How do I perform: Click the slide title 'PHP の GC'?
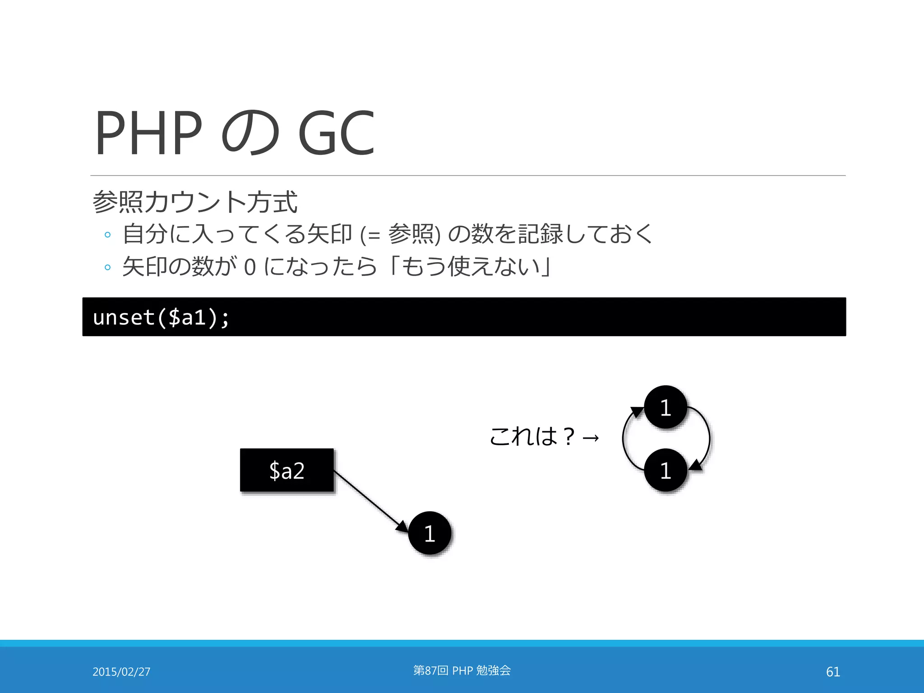pyautogui.click(x=235, y=133)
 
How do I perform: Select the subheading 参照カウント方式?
pyautogui.click(x=195, y=202)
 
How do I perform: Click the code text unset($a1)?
pyautogui.click(x=161, y=317)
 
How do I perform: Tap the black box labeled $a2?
pyautogui.click(x=287, y=470)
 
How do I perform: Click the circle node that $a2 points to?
pyautogui.click(x=430, y=533)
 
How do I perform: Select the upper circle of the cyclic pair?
pyautogui.click(x=665, y=407)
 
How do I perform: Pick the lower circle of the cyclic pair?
pyautogui.click(x=665, y=470)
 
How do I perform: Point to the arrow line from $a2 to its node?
pyautogui.click(x=370, y=501)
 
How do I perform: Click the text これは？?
pyautogui.click(x=532, y=437)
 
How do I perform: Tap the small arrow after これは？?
pyautogui.click(x=591, y=437)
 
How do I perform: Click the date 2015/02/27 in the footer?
pyautogui.click(x=121, y=672)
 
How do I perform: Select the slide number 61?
pyautogui.click(x=833, y=672)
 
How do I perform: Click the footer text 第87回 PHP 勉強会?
pyautogui.click(x=462, y=670)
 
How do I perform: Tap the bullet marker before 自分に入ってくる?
pyautogui.click(x=107, y=235)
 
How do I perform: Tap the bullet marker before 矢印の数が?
pyautogui.click(x=107, y=268)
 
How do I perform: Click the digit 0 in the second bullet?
pyautogui.click(x=249, y=267)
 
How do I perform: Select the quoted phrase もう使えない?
pyautogui.click(x=471, y=266)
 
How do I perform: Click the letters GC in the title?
pyautogui.click(x=336, y=133)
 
